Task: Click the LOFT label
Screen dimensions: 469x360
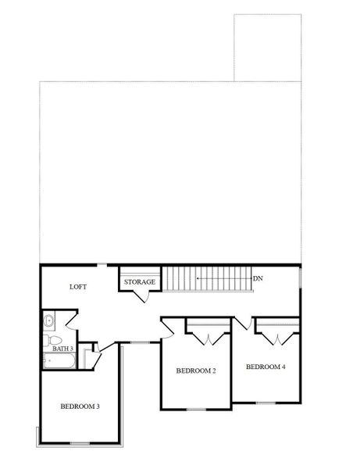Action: (x=77, y=287)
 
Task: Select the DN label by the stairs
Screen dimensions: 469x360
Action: (x=257, y=278)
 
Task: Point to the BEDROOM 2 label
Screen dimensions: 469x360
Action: (x=195, y=371)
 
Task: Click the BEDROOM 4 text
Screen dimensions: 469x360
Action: (x=266, y=367)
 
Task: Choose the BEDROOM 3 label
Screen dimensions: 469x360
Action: (x=80, y=406)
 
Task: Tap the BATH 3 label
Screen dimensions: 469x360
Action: (x=62, y=349)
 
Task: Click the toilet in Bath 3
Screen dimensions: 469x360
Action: (x=49, y=339)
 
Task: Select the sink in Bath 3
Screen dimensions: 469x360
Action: (x=48, y=320)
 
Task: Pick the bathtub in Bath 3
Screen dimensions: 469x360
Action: (x=59, y=362)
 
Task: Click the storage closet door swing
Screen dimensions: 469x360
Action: (x=141, y=295)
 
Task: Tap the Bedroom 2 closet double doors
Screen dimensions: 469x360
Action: (x=209, y=337)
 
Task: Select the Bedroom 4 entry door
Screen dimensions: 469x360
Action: (x=244, y=322)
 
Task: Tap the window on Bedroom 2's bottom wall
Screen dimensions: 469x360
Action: (x=196, y=408)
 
